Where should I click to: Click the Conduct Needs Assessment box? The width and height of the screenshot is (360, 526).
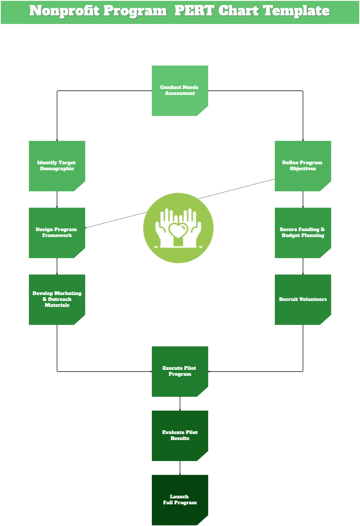coord(180,90)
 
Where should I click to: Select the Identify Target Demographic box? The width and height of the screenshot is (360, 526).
coord(57,166)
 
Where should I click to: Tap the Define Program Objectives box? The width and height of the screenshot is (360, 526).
coord(303,166)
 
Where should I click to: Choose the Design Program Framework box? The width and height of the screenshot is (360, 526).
coord(57,233)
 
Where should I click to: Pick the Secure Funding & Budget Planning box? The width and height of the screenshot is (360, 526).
coord(303,233)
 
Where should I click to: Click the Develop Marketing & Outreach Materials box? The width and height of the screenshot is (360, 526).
coord(57,299)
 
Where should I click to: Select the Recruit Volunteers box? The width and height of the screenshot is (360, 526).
coord(303,299)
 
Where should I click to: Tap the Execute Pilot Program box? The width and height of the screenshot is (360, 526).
coord(180,371)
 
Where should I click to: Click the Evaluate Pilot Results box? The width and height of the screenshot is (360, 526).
coord(180,435)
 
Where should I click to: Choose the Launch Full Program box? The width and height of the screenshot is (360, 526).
coord(180,500)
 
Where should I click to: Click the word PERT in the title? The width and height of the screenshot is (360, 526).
coord(194,11)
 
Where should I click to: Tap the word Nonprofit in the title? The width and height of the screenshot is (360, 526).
coord(64,11)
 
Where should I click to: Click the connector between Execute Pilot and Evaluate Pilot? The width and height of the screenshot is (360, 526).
coord(180,403)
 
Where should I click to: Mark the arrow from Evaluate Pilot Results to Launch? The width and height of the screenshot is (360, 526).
coord(180,468)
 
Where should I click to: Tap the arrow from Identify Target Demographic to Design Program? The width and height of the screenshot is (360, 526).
coord(57,199)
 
